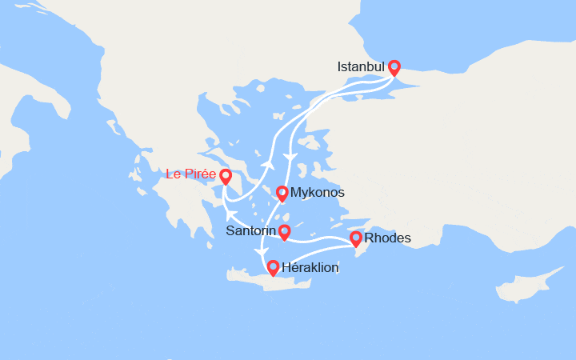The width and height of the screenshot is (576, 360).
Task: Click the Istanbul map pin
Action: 394,68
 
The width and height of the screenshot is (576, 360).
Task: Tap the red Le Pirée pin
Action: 226,176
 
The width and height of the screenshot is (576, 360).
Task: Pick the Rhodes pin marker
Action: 356,238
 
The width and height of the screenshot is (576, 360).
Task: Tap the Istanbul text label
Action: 361,66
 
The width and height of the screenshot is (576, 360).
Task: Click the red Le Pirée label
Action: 190,174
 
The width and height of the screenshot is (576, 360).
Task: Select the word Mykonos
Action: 318,193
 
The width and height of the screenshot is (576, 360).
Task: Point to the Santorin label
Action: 250,232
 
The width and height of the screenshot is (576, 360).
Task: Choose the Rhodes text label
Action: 387,238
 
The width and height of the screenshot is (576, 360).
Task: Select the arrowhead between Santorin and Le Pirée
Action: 230,215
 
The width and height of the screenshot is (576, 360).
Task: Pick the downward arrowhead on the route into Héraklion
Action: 259,252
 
